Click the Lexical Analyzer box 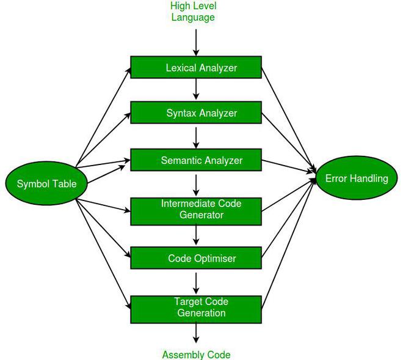(196, 68)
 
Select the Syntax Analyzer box (196, 113)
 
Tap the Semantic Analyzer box (196, 161)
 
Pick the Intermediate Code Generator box (196, 209)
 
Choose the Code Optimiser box (196, 258)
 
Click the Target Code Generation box (196, 307)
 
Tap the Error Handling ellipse (356, 178)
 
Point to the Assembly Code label (196, 354)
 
